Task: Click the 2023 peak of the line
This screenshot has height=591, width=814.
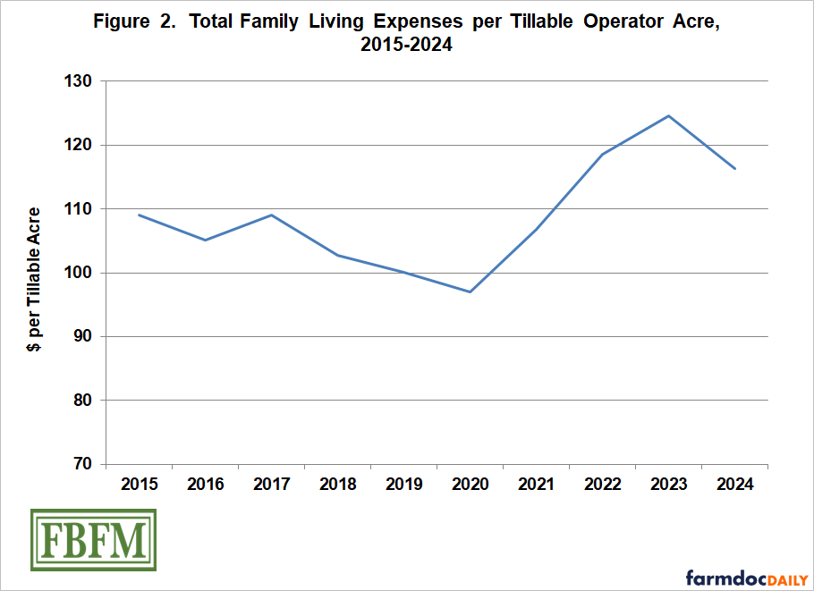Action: tap(668, 116)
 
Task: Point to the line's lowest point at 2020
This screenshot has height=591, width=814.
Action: tap(470, 291)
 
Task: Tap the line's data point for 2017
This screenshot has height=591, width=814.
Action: tap(271, 215)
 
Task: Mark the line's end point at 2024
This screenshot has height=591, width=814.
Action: tap(734, 168)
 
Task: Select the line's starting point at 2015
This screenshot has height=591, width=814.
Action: tap(140, 215)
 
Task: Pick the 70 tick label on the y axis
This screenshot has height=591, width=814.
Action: tap(84, 464)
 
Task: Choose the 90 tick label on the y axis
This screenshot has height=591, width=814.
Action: tap(84, 337)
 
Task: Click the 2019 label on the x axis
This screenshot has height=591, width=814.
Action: tap(404, 485)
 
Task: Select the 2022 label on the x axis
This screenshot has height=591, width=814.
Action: tap(603, 485)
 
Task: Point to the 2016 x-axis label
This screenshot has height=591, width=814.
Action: tap(206, 485)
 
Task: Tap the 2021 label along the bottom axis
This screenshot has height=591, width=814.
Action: tap(537, 485)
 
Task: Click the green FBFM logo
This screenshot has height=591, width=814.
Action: tap(93, 540)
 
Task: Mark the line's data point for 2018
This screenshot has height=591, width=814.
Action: tap(338, 256)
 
